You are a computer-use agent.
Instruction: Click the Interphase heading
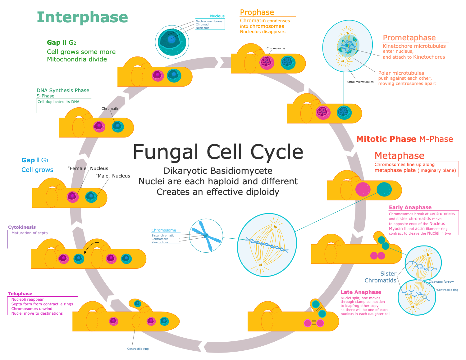pyautogui.click(x=82, y=17)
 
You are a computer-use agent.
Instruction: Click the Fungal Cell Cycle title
pyautogui.click(x=218, y=152)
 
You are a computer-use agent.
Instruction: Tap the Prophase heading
pyautogui.click(x=257, y=12)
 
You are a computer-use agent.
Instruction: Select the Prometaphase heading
pyautogui.click(x=409, y=38)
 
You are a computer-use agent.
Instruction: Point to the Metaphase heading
pyautogui.click(x=399, y=155)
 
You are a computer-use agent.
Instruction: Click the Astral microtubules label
pyautogui.click(x=360, y=82)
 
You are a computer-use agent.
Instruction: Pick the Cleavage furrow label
pyautogui.click(x=441, y=282)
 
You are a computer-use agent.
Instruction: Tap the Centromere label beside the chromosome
pyautogui.click(x=160, y=239)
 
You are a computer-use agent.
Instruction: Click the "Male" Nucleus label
pyautogui.click(x=113, y=176)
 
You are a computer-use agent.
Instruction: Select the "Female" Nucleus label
pyautogui.click(x=88, y=169)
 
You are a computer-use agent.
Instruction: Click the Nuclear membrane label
pyautogui.click(x=209, y=21)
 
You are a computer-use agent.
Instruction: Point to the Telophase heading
pyautogui.click(x=20, y=294)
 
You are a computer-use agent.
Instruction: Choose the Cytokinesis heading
pyautogui.click(x=22, y=227)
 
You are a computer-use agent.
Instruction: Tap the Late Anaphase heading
pyautogui.click(x=361, y=292)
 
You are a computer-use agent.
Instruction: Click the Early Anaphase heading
pyautogui.click(x=410, y=207)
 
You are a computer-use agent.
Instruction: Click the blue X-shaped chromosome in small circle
pyautogui.click(x=206, y=236)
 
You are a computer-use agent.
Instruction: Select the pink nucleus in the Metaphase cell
pyautogui.click(x=363, y=189)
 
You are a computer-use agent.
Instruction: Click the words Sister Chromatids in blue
pyautogui.click(x=380, y=277)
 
